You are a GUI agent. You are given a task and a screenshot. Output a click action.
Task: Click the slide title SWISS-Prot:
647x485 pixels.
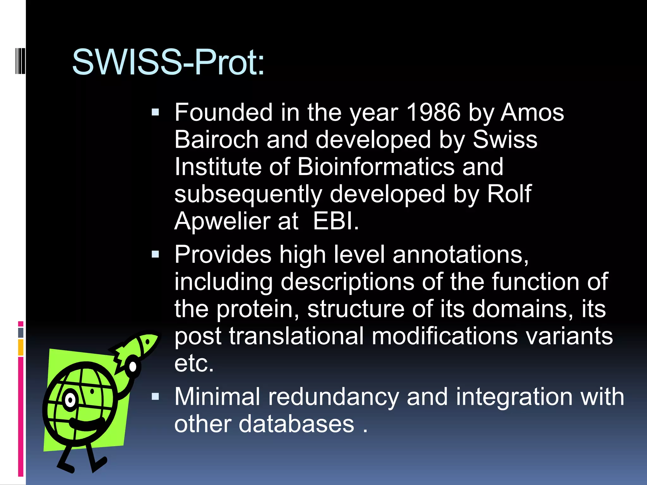click(168, 63)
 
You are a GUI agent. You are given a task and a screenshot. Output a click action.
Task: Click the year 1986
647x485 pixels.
click(433, 112)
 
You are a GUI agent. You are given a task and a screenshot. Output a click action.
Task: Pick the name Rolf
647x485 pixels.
click(509, 194)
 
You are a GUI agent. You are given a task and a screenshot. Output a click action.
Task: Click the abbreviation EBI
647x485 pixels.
click(336, 221)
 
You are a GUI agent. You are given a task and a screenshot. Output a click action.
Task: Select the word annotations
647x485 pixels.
click(460, 254)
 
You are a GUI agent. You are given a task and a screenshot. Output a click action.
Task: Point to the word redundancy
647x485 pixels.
click(334, 397)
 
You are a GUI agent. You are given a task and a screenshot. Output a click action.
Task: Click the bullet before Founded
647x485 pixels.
click(155, 112)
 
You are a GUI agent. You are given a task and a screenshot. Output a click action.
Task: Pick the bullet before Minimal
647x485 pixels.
click(155, 397)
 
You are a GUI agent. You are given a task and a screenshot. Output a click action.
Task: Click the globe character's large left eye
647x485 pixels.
click(70, 400)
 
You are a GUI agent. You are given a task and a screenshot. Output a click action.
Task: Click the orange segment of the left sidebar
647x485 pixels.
click(21, 347)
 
